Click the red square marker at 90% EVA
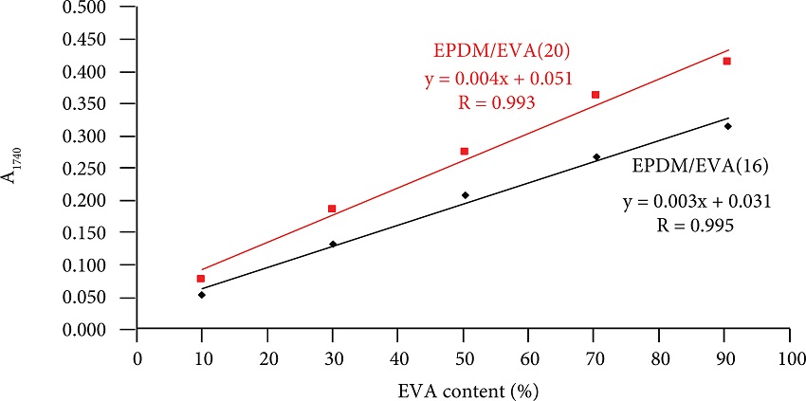pyautogui.click(x=727, y=62)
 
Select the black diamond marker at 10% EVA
pyautogui.click(x=202, y=295)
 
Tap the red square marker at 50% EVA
pyautogui.click(x=465, y=151)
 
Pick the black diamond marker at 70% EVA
pyautogui.click(x=596, y=157)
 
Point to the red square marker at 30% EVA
pyautogui.click(x=332, y=209)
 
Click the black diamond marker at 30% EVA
pyautogui.click(x=333, y=244)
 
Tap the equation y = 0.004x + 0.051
pyautogui.click(x=499, y=79)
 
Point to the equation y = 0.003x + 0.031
pyautogui.click(x=696, y=202)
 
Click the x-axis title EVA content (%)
pyautogui.click(x=464, y=389)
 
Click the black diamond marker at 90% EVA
pyautogui.click(x=728, y=126)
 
